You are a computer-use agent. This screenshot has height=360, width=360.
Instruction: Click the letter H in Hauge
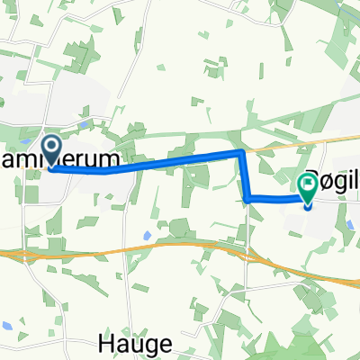tap(103, 343)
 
